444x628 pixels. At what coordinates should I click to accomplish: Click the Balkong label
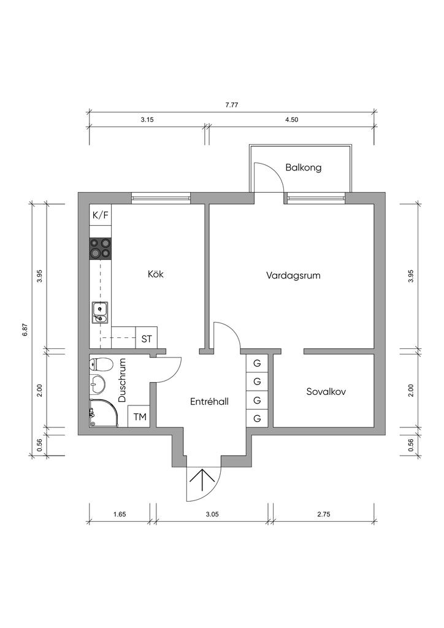pos(303,167)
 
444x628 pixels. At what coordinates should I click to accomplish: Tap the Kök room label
pos(156,274)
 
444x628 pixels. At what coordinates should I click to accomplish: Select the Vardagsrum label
pos(293,276)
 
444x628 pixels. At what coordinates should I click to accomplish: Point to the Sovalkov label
pos(326,391)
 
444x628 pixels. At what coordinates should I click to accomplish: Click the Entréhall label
pos(209,401)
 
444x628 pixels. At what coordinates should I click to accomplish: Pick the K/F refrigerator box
pos(101,215)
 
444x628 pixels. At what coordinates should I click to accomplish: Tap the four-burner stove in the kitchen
pos(101,249)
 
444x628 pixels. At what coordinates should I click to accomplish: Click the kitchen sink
pos(100,312)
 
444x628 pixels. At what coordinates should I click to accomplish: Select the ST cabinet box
pos(147,339)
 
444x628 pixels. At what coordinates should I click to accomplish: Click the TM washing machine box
pos(140,417)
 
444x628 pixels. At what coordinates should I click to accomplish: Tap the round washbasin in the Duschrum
pos(97,385)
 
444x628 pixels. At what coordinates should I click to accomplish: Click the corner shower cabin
pos(104,413)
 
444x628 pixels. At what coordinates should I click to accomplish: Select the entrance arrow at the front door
pos(204,481)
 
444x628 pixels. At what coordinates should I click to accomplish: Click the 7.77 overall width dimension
pos(232,105)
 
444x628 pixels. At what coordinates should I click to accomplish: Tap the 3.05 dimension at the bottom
pos(212,515)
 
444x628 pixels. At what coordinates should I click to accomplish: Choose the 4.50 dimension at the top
pos(292,120)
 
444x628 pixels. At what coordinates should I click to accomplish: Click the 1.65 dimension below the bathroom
pos(120,515)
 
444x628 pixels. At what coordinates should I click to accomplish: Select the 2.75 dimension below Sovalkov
pos(323,515)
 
